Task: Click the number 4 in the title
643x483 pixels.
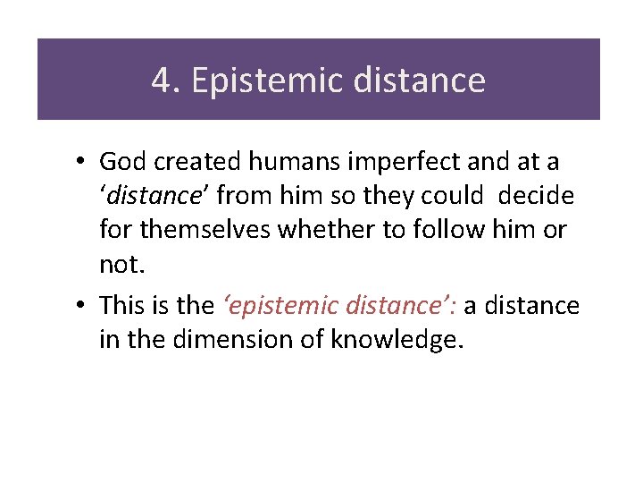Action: coord(161,81)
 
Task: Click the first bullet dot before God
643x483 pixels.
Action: coord(80,163)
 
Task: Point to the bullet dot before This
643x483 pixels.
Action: coord(80,307)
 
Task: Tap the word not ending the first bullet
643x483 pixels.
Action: coord(118,263)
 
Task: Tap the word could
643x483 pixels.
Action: coord(456,195)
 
